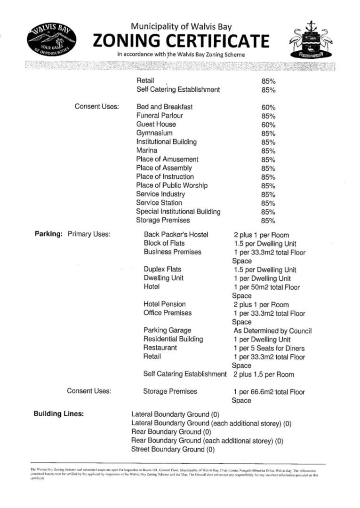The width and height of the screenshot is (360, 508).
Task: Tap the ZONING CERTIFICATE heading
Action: (181, 41)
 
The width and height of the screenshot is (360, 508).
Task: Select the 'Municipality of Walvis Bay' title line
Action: (181, 27)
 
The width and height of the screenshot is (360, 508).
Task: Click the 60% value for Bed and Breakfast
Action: (268, 107)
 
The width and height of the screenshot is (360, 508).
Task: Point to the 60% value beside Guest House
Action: (268, 125)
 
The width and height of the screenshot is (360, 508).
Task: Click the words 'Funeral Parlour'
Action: (160, 116)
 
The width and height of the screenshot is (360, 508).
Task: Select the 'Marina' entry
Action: (147, 151)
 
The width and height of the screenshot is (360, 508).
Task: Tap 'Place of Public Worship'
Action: (171, 185)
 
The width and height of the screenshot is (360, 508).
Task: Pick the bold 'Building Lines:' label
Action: (59, 414)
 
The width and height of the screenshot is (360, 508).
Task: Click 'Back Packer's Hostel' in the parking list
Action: (176, 235)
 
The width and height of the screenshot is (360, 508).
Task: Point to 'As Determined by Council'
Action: (272, 331)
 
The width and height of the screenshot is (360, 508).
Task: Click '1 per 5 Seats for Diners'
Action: (269, 348)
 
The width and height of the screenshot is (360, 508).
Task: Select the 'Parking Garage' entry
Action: (167, 331)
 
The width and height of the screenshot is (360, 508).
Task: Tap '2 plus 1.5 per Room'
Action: (264, 374)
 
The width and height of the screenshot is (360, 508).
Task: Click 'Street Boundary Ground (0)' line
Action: (172, 449)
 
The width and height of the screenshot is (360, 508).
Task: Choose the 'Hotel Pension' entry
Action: (164, 304)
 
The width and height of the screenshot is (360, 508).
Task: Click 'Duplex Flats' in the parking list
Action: (162, 270)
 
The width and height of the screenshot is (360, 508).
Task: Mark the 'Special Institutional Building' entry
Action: (178, 212)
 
